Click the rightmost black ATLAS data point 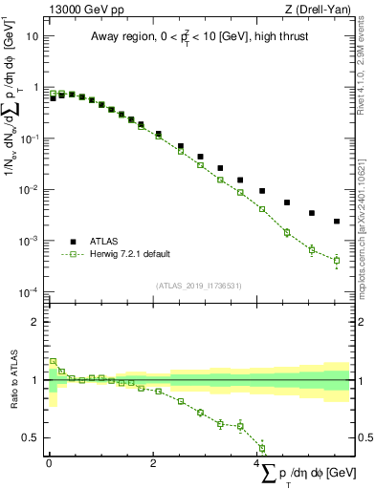pyautogui.click(x=337, y=222)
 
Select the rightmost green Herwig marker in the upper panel pyautogui.click(x=337, y=260)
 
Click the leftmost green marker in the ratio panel pyautogui.click(x=53, y=362)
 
